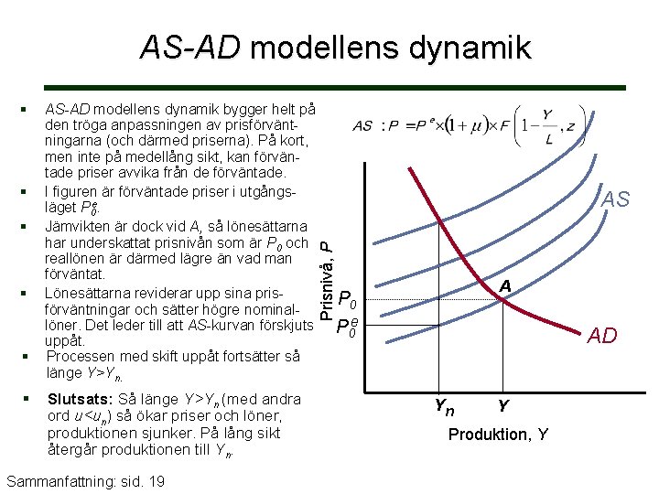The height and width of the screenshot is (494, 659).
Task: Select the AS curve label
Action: click(x=615, y=199)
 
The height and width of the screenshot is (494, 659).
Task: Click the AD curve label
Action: click(x=601, y=336)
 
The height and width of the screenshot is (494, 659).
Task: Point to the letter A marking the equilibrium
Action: click(x=504, y=286)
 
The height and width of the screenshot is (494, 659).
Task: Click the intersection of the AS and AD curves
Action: click(x=501, y=301)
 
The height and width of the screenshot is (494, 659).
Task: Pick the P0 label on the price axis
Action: click(x=347, y=300)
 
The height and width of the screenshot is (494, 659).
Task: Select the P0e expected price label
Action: click(x=347, y=328)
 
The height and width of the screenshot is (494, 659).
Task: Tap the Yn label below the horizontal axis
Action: click(x=443, y=403)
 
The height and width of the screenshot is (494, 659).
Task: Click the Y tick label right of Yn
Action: click(x=503, y=403)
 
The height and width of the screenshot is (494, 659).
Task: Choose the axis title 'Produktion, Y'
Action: click(x=498, y=435)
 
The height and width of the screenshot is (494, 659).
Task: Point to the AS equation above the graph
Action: click(x=468, y=124)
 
